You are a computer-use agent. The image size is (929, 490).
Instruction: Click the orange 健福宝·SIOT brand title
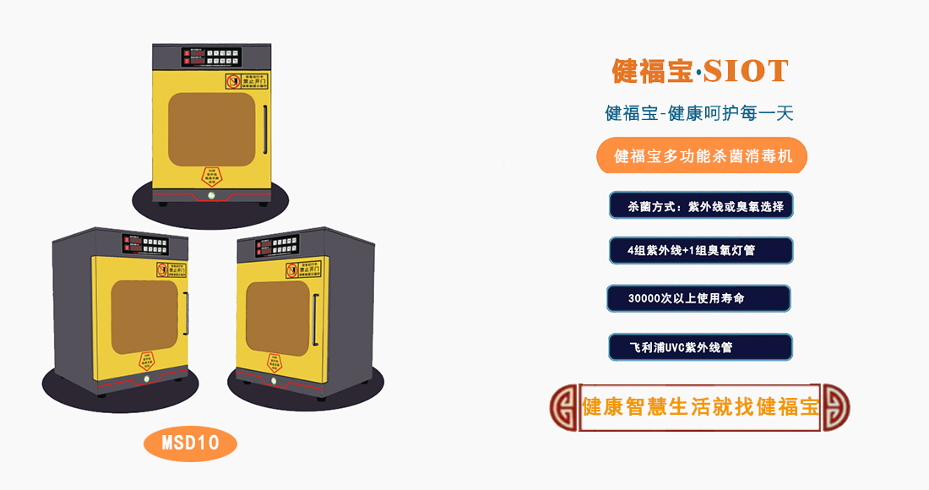tap(700, 71)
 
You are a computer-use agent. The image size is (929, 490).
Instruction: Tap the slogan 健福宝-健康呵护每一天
tap(699, 113)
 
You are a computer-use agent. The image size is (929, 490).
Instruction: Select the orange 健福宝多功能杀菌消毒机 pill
tap(701, 156)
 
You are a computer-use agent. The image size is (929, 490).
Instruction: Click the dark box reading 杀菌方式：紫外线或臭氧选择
tap(700, 206)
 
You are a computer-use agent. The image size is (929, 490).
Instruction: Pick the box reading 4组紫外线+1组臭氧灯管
tap(700, 251)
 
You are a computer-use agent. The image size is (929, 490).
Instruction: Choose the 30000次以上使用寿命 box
tap(698, 298)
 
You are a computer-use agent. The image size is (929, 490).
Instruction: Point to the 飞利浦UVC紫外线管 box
tap(699, 347)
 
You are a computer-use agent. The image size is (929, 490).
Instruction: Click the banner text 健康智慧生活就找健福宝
tap(701, 406)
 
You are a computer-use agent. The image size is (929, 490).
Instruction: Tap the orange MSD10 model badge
tap(190, 442)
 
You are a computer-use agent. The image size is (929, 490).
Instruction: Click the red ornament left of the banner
tap(563, 406)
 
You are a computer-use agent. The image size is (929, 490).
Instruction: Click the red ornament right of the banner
tap(836, 406)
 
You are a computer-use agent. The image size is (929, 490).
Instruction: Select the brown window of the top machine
tap(211, 129)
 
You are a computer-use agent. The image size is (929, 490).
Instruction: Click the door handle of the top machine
tap(265, 127)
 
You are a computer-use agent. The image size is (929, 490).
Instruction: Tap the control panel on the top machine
tap(211, 57)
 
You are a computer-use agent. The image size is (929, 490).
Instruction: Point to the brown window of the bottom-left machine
tap(145, 317)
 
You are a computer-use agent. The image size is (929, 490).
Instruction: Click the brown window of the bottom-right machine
tap(277, 315)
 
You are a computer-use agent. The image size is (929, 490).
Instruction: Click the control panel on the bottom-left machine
tap(144, 244)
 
